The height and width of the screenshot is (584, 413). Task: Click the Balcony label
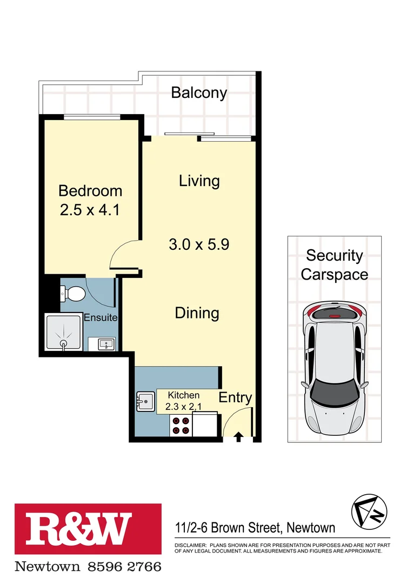199,92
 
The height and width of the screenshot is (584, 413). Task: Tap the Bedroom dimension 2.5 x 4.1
90,209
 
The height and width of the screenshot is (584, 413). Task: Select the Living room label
199,181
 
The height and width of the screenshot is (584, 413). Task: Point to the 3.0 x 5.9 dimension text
199,244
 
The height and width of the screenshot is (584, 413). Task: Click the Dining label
197,313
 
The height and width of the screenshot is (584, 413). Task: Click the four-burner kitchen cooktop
181,426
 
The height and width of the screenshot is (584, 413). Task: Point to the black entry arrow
238,437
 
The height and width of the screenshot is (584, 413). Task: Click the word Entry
235,398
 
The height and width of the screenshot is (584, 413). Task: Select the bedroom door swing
124,255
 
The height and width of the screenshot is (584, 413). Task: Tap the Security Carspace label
334,264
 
